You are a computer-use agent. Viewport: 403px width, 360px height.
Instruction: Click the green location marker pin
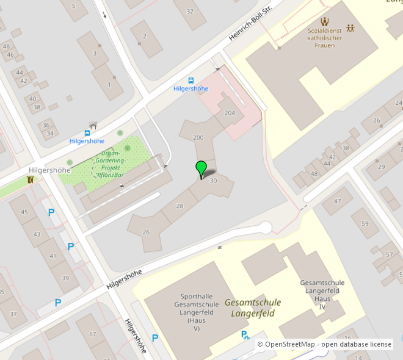(201, 169)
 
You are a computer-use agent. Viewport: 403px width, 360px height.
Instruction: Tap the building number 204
(230, 113)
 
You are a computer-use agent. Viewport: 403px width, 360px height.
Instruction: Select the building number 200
(198, 138)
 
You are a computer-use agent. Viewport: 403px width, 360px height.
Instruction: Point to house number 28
(180, 206)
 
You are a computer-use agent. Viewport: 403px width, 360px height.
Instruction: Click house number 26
(146, 232)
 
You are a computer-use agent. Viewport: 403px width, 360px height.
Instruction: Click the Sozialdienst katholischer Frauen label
(325, 38)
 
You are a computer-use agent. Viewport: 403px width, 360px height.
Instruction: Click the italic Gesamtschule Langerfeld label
(253, 308)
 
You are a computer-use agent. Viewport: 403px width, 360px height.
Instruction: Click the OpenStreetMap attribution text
(324, 345)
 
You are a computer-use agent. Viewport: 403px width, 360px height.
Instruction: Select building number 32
(190, 11)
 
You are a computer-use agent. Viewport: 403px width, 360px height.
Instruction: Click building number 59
(365, 224)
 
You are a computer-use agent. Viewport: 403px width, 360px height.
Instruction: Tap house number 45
(24, 212)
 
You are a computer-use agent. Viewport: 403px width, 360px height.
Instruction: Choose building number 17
(93, 334)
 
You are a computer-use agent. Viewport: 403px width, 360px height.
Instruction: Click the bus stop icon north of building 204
(191, 81)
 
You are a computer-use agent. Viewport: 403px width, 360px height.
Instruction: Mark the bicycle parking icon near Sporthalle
(245, 334)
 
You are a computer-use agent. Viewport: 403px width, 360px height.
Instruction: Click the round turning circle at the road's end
(265, 228)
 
